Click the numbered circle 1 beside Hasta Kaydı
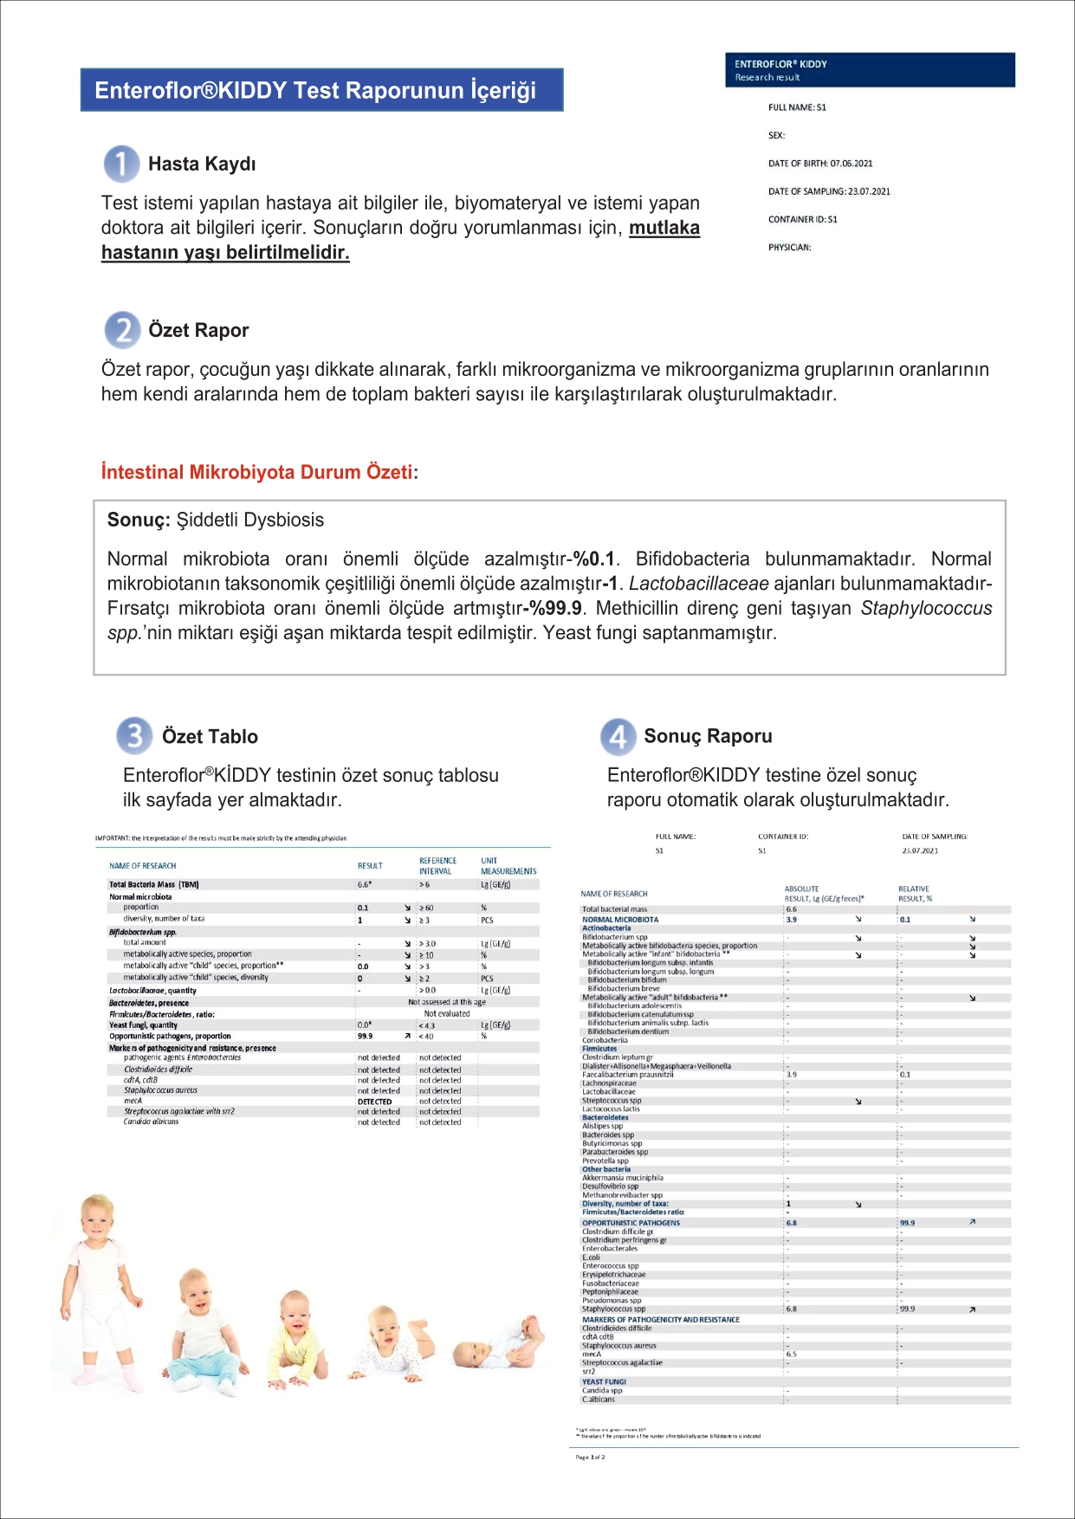pos(121,164)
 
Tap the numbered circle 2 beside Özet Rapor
pos(122,330)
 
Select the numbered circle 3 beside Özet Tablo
pos(134,736)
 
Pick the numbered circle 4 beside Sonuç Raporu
pos(618,736)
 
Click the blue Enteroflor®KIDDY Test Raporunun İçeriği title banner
pos(321,90)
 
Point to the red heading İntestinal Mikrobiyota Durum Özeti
pos(256,473)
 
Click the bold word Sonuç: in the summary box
pos(139,520)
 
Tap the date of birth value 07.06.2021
pos(851,164)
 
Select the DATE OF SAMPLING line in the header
pos(829,191)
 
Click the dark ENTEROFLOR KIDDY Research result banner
pos(870,70)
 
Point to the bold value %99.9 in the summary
pos(555,609)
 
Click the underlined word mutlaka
pos(664,229)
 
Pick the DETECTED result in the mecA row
pos(374,1102)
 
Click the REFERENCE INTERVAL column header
pos(437,866)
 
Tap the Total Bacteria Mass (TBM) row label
pos(154,885)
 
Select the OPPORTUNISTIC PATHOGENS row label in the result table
pos(631,1223)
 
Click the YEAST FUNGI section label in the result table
pos(604,1382)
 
